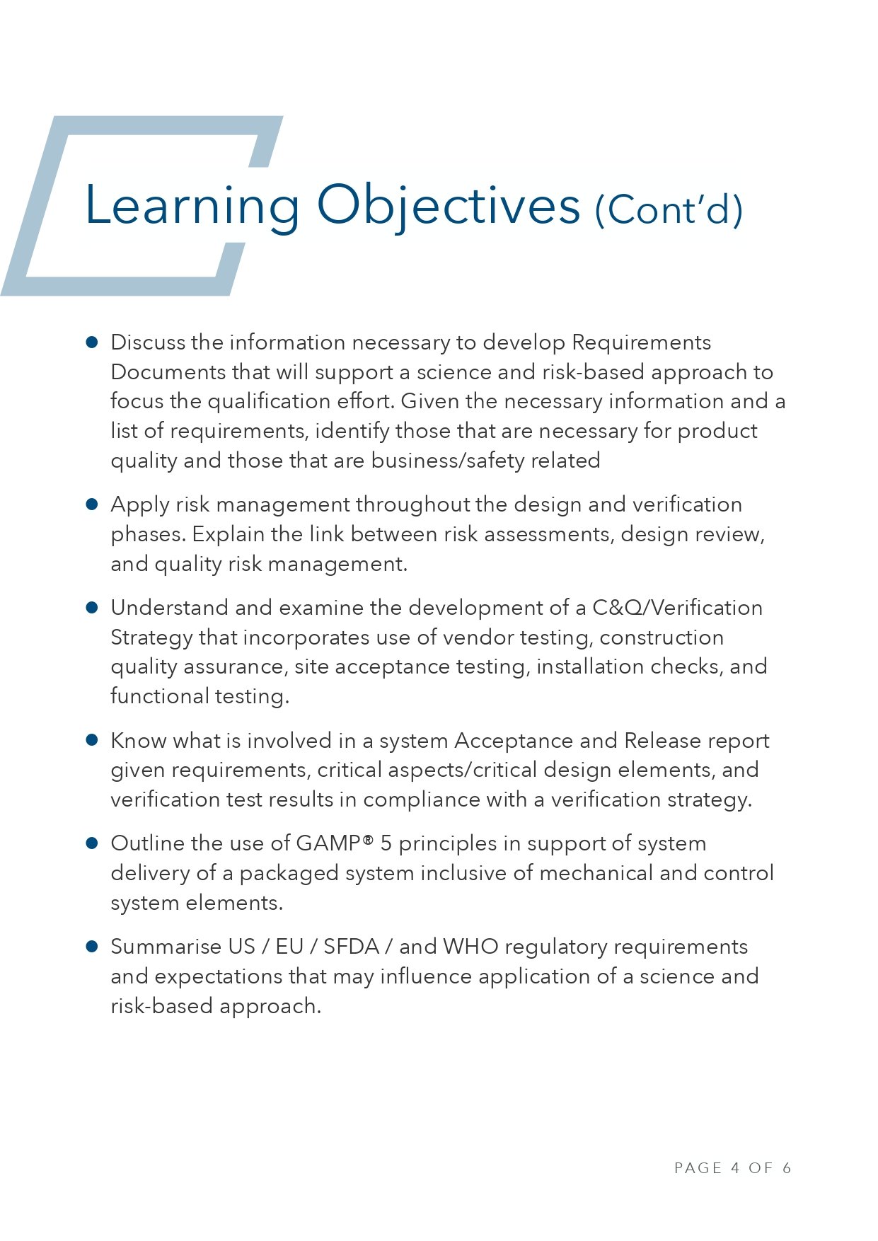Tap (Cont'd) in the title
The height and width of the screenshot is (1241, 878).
coord(669,209)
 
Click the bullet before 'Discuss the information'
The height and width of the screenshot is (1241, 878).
coord(92,342)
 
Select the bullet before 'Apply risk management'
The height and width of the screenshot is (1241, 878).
coord(92,504)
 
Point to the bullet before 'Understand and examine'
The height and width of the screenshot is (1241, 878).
coord(92,608)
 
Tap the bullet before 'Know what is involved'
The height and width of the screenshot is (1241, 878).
coord(92,740)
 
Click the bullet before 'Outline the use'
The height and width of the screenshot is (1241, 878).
coord(92,843)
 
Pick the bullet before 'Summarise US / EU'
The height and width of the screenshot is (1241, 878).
coord(92,947)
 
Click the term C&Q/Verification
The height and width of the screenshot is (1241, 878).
coord(677,608)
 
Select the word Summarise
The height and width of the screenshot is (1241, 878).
coord(166,947)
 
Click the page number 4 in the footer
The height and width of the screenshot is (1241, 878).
coord(735,1168)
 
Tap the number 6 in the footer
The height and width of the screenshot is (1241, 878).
coord(786,1168)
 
